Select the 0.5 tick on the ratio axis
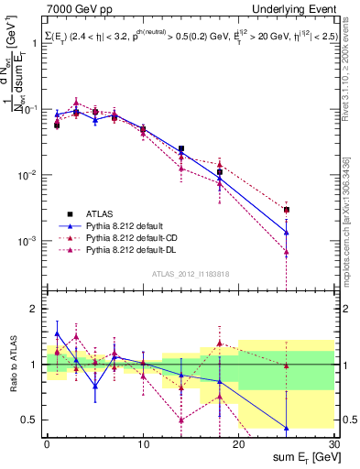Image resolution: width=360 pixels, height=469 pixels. click(x=30, y=420)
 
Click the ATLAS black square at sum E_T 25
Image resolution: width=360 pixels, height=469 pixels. click(x=287, y=210)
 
